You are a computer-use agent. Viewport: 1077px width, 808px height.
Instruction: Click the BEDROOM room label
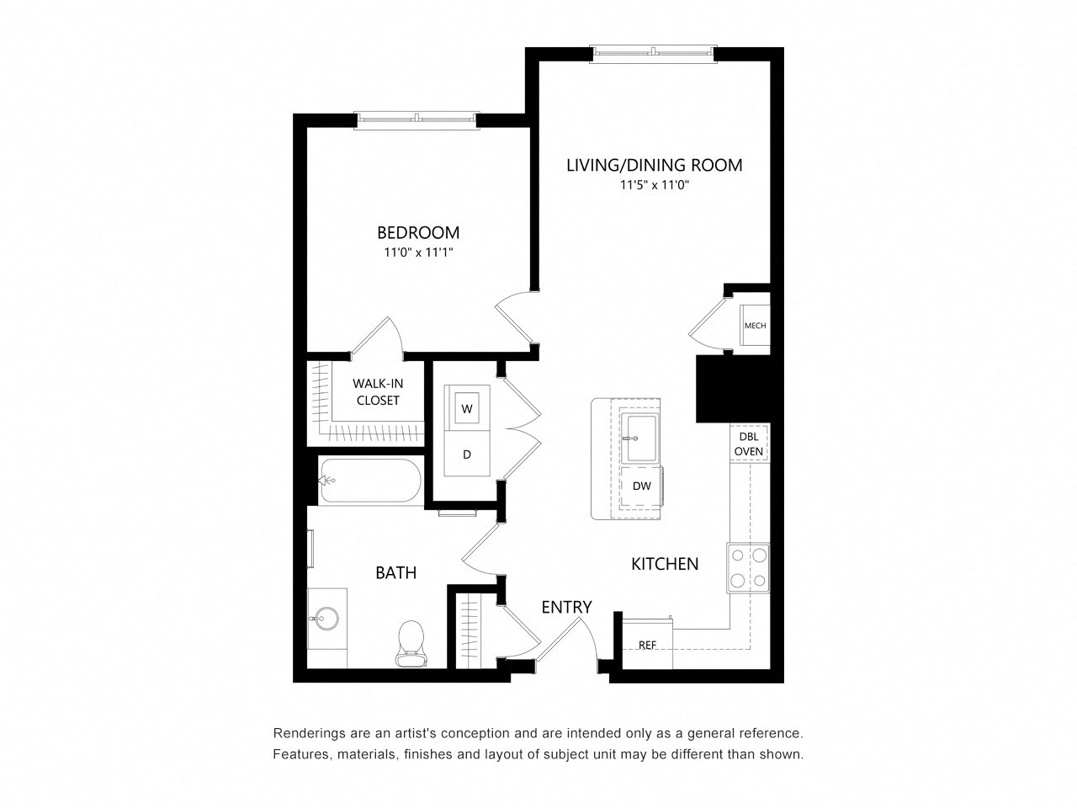(x=417, y=232)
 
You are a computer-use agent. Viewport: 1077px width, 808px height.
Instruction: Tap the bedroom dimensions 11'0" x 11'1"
(x=418, y=252)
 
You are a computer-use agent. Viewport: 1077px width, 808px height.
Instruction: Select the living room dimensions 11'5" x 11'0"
(x=655, y=185)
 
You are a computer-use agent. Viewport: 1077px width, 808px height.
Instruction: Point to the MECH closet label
(x=755, y=325)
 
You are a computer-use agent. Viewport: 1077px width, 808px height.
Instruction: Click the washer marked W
(x=466, y=408)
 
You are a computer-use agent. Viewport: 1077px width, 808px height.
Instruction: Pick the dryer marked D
(x=467, y=454)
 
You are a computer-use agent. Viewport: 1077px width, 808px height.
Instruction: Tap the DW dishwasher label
(x=641, y=486)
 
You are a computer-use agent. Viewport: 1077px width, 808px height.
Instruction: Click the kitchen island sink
(x=639, y=439)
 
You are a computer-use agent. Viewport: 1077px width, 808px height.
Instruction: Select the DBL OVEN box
(x=749, y=444)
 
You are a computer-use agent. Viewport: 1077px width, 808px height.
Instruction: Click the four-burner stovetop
(x=748, y=567)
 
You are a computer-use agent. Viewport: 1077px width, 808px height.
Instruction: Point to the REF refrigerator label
(x=647, y=645)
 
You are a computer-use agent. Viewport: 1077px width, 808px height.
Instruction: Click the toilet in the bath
(x=411, y=643)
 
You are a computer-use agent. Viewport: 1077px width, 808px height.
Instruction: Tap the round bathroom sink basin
(x=326, y=619)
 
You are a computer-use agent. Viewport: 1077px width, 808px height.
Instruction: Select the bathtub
(x=370, y=481)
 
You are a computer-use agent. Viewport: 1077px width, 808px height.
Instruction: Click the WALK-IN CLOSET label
(x=377, y=391)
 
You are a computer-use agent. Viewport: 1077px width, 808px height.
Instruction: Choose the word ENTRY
(x=566, y=608)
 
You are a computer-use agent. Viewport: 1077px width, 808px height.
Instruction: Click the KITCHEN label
(x=665, y=564)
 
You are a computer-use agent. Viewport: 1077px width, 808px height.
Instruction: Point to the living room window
(x=653, y=54)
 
